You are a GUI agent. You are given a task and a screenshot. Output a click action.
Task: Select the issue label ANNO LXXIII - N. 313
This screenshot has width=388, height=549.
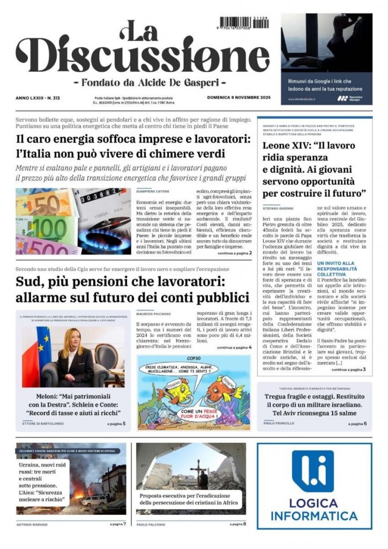coord(38,98)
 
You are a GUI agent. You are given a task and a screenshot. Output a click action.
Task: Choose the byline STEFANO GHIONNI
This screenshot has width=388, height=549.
coord(279,207)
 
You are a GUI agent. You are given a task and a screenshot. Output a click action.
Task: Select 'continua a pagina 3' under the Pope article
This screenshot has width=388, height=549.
coord(348,369)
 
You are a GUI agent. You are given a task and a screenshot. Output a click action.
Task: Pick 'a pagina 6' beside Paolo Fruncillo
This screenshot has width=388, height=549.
coord(357,424)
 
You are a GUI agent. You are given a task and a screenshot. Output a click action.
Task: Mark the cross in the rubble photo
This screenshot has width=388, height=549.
coord(199,469)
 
